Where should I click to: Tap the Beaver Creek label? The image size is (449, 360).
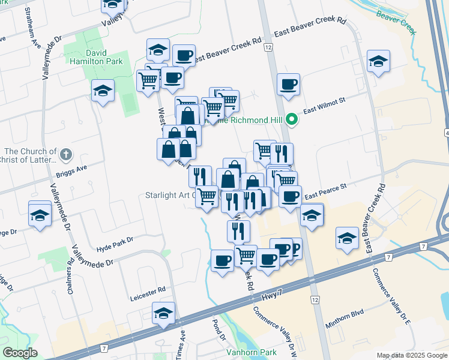pos(396,21)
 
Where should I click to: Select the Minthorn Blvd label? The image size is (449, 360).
pos(345,312)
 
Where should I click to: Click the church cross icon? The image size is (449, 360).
pos(66,155)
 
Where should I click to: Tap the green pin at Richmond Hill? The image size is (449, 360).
pos(292,120)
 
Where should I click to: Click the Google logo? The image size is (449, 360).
pos(19,353)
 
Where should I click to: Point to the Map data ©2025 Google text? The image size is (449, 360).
pos(411,355)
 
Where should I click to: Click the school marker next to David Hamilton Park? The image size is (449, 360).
pos(103,91)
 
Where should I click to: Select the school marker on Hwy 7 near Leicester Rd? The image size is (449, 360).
pos(163,313)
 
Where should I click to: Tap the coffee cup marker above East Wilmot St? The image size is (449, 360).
pos(288,84)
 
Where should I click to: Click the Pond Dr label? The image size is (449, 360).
pos(217,328)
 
